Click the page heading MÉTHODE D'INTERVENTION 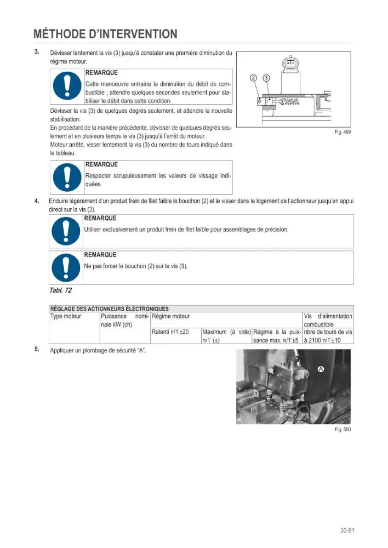pos(106,34)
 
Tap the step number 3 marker pos(37,52)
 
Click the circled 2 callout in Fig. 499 pos(254,78)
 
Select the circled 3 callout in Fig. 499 pos(266,78)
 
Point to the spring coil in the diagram pos(290,102)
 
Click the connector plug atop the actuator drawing pos(290,63)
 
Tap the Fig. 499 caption pos(343,132)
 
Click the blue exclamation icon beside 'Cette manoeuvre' pos(67,86)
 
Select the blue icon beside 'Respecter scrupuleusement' pos(67,177)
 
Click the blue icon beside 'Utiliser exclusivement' pos(66,231)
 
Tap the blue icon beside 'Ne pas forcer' pos(66,267)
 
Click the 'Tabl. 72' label pos(61,290)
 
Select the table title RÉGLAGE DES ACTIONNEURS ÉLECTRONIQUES pos(110,309)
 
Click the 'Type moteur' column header pos(66,316)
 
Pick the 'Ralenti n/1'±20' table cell pos(170,332)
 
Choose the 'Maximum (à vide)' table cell pos(226,336)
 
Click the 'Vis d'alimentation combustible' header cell pos(328,320)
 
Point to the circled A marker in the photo pos(321,369)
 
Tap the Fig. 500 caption pos(343,429)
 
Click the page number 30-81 pos(347,530)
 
